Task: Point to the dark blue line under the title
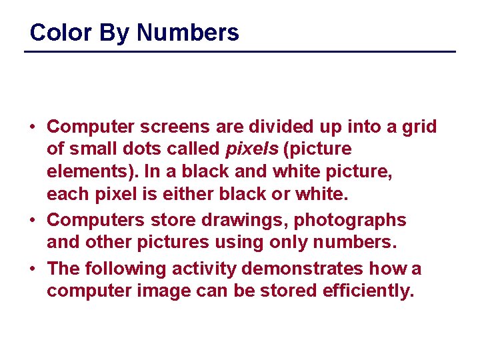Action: (240, 51)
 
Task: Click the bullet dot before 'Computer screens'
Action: (33, 127)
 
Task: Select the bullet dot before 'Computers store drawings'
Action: (33, 220)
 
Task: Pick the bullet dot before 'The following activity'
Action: (33, 269)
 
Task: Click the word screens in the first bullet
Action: (175, 127)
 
